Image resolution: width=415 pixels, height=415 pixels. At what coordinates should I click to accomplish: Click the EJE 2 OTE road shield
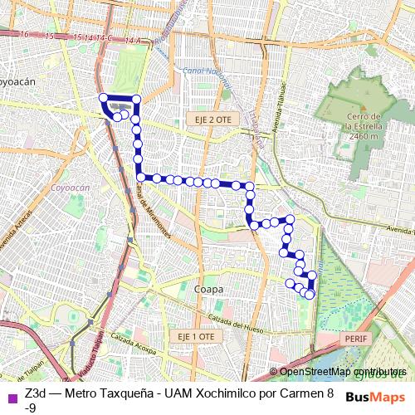point(207,120)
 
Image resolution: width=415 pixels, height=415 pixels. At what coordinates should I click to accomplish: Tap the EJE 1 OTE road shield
point(196,336)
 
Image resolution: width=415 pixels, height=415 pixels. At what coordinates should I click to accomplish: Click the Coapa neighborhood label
point(209,289)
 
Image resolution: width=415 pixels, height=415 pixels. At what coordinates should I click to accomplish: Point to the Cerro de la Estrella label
point(364,121)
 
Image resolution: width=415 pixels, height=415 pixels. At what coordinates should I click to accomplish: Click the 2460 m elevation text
point(364,136)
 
